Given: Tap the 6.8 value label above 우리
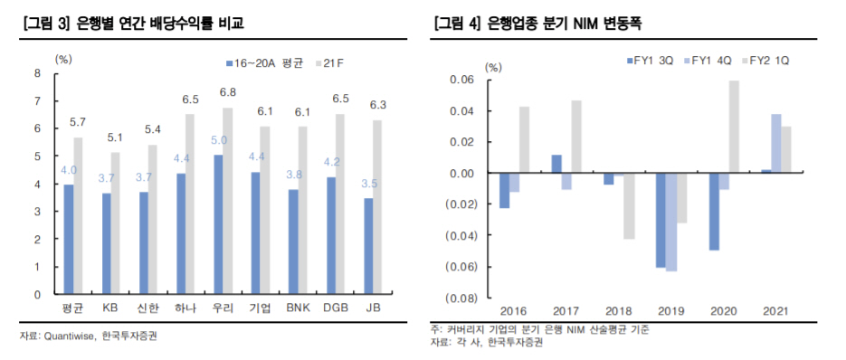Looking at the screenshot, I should [228, 92].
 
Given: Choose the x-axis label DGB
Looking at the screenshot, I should [337, 308].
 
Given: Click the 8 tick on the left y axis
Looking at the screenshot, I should [37, 74].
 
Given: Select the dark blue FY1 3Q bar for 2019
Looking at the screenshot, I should [661, 220].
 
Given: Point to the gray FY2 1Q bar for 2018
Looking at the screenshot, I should [630, 206].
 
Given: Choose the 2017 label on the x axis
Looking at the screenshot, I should [566, 311].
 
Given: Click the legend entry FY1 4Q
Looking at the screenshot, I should [711, 61].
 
